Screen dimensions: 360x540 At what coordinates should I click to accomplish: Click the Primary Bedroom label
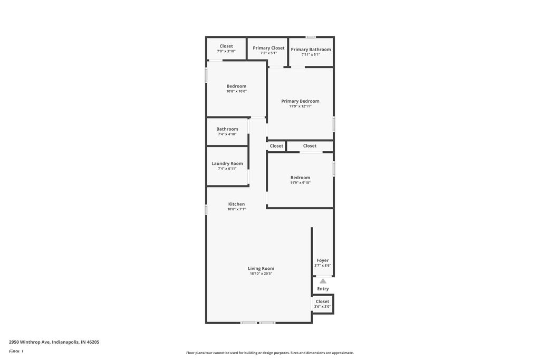tap(300, 101)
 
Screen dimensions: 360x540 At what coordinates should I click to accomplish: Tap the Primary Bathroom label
tap(311, 50)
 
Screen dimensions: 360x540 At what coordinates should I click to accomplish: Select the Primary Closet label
tap(268, 48)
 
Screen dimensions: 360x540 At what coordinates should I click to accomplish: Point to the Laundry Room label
tap(227, 163)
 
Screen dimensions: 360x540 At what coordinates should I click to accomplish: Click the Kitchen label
tap(236, 204)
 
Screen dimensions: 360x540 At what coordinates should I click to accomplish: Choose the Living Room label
tap(261, 268)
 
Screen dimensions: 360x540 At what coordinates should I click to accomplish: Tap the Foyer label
tap(323, 260)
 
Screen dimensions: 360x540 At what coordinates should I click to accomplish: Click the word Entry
tap(323, 289)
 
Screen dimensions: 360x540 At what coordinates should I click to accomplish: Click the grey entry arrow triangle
tap(323, 281)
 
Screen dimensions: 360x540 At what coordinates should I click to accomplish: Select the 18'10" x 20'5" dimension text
tap(261, 274)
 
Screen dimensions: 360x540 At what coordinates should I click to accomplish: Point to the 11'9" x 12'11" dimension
tap(300, 106)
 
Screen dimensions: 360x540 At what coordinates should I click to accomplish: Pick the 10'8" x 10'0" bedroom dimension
tap(236, 91)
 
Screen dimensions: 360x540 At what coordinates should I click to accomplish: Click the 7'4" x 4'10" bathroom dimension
tap(227, 134)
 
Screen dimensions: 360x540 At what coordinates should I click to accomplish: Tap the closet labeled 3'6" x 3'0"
tap(322, 307)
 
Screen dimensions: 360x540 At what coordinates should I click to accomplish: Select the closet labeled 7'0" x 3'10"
tap(226, 51)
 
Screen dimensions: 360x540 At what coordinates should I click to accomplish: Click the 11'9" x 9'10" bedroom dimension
tap(300, 183)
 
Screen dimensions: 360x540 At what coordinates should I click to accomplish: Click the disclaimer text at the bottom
tap(269, 353)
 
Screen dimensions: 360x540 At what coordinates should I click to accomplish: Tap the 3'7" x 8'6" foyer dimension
tap(323, 266)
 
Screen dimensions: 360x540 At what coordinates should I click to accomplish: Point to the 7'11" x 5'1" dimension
tap(311, 55)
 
